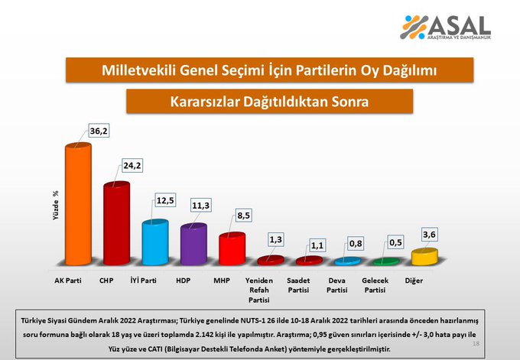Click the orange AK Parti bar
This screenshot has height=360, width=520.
(x=77, y=205)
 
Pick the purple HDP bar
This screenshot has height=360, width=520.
(x=193, y=245)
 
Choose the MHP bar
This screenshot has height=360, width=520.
(x=232, y=248)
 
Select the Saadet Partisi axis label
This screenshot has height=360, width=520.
(x=308, y=285)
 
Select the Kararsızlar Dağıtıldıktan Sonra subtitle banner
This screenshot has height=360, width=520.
(x=269, y=101)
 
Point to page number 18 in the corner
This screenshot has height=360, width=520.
(x=476, y=345)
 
